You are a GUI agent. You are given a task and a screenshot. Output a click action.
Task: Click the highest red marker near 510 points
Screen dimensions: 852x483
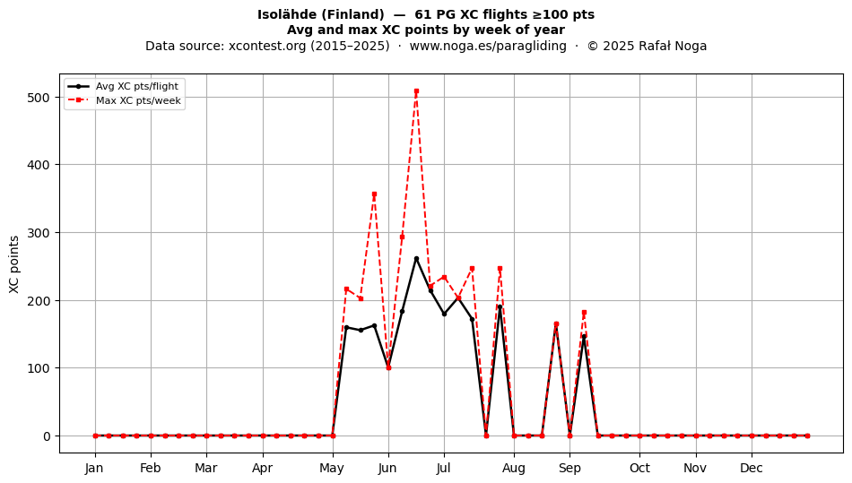coord(416,91)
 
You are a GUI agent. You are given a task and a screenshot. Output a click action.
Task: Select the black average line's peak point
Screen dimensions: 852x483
coord(416,259)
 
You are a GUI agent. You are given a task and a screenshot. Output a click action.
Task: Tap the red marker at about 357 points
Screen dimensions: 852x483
coord(374,194)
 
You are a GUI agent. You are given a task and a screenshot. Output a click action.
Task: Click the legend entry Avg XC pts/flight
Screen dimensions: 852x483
coord(137,86)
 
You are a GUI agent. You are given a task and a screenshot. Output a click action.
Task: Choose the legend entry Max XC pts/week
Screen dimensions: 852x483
coord(138,100)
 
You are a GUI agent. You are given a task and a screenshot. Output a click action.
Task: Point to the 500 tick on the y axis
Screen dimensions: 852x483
coord(38,98)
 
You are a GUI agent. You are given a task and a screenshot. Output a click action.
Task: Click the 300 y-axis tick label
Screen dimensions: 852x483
coord(38,233)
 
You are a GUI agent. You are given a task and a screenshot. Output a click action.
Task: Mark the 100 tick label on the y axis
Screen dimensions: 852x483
coord(38,368)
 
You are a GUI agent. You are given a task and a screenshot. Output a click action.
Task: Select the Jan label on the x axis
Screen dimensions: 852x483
coord(94,468)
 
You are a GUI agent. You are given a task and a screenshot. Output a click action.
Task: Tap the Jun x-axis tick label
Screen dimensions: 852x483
coord(388,468)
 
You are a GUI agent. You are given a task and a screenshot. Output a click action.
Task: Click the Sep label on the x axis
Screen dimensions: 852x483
coord(569,469)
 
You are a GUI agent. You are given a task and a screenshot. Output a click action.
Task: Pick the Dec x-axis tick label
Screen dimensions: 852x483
coord(752,468)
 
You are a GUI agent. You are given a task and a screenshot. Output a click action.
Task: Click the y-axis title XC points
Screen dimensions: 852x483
coord(14,264)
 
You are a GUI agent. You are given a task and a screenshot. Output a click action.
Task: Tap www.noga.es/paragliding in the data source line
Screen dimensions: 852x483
coord(487,46)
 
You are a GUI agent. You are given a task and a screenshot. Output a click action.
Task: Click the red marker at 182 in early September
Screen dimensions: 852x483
coord(584,313)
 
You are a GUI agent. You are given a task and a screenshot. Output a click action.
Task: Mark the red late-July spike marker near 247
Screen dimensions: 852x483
coord(500,269)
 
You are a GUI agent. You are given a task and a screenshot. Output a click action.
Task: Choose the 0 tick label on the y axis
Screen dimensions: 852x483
coord(48,436)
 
